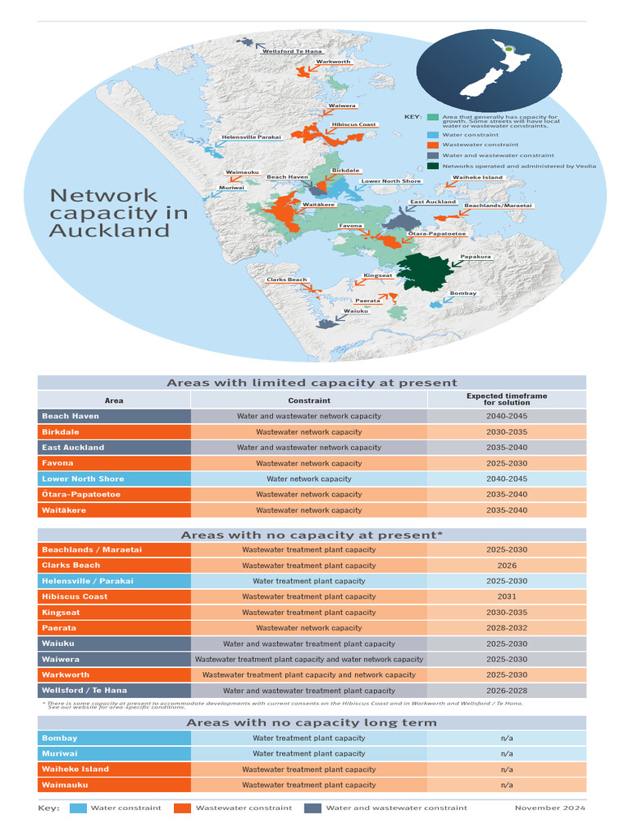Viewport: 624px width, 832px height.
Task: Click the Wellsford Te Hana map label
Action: coord(292,51)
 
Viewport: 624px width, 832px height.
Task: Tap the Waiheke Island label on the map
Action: coord(478,177)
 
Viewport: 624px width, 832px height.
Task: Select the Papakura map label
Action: coord(475,257)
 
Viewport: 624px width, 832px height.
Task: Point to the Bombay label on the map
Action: coord(463,293)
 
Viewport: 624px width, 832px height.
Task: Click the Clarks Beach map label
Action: coord(287,280)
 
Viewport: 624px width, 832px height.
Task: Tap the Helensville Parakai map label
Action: coord(251,137)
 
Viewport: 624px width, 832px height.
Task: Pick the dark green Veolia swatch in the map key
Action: coord(433,166)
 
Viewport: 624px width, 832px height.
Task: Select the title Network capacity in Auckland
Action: coord(119,213)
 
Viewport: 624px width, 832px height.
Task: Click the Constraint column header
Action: coord(309,401)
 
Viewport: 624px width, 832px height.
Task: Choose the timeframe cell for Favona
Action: coord(506,463)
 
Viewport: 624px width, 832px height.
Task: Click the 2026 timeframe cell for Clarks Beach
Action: coord(506,565)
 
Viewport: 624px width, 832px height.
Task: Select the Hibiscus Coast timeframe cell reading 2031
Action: coord(506,596)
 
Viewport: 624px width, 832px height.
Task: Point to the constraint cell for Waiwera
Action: coord(309,660)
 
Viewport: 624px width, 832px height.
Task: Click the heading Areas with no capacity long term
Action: coord(311,722)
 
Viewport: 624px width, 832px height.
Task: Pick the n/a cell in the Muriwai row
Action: coord(506,754)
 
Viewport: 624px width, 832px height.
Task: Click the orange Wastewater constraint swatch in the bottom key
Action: coord(182,808)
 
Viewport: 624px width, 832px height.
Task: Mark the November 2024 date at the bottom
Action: coord(549,808)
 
